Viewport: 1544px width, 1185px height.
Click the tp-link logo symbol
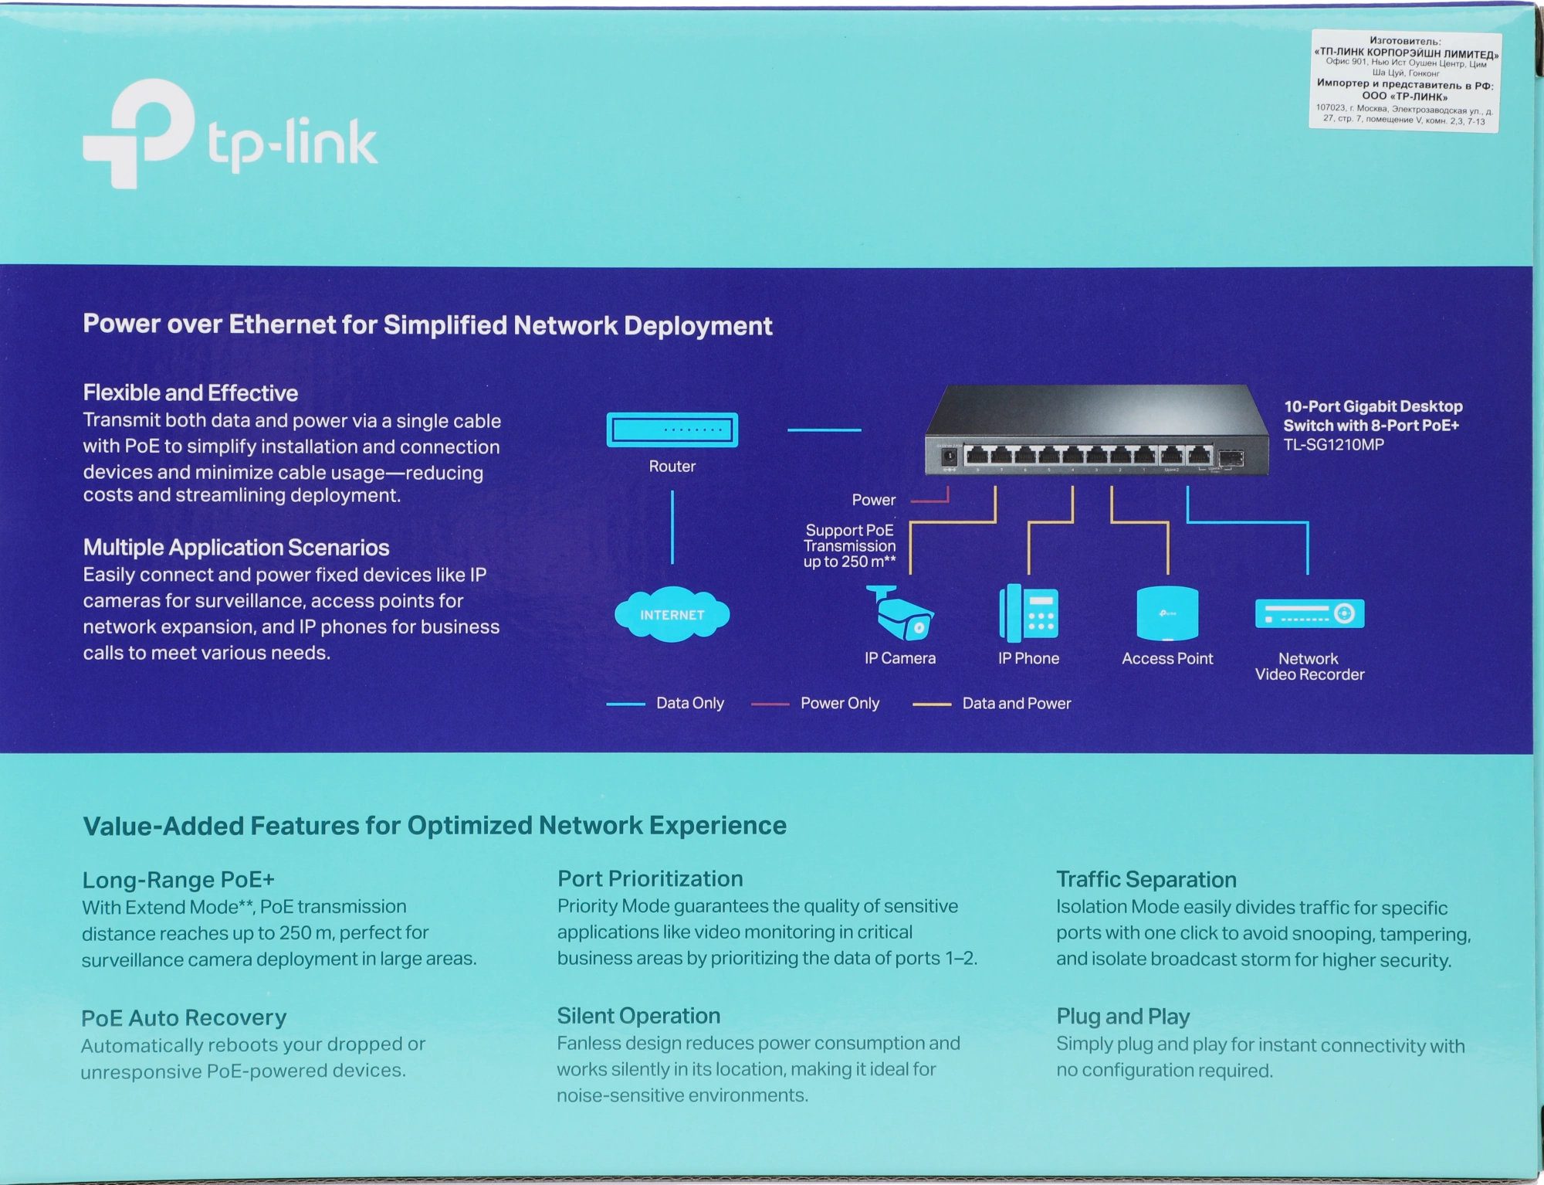(x=138, y=133)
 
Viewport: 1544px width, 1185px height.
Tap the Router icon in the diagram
(x=672, y=430)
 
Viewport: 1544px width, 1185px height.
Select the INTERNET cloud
(x=672, y=615)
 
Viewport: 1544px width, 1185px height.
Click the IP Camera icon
(x=900, y=614)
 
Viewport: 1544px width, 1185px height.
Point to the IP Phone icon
(x=1028, y=614)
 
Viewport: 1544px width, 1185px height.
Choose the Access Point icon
(x=1167, y=614)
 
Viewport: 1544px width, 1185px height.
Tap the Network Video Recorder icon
(x=1309, y=613)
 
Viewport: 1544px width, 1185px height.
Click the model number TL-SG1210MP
(x=1333, y=445)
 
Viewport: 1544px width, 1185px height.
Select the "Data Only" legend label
(x=689, y=703)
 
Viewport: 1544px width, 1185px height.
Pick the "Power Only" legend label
(x=839, y=703)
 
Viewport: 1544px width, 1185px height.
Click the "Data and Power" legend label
(x=1016, y=703)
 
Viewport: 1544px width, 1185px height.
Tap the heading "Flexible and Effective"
(x=190, y=392)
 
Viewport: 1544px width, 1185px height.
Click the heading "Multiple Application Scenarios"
(x=235, y=547)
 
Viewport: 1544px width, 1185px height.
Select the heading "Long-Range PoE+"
(x=178, y=879)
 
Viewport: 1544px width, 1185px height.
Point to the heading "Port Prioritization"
(x=650, y=878)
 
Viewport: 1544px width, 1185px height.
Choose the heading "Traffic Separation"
(x=1146, y=879)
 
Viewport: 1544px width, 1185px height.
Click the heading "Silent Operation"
(x=638, y=1016)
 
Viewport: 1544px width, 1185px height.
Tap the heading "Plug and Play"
(x=1122, y=1016)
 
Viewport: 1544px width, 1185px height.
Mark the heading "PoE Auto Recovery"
(x=184, y=1017)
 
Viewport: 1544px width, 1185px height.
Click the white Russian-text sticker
(x=1404, y=80)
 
